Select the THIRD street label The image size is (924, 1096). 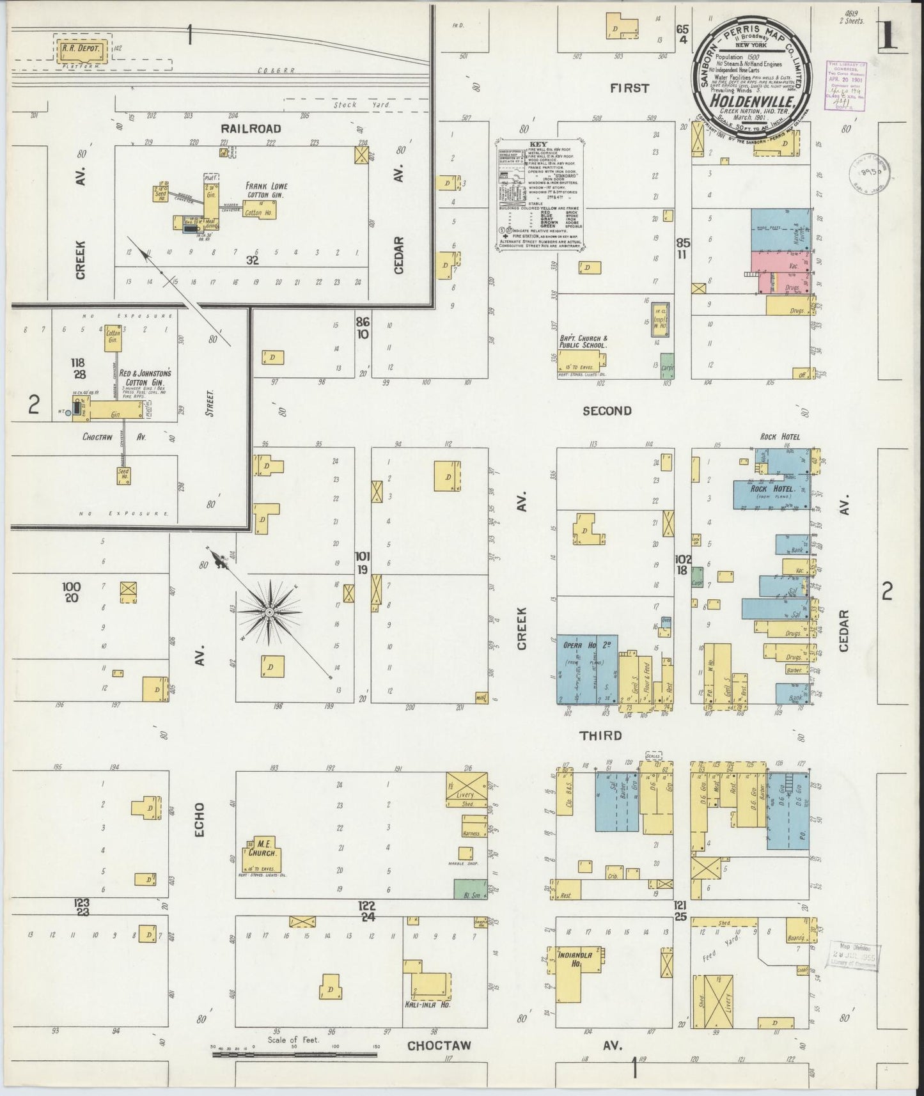(600, 736)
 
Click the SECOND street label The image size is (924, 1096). (607, 411)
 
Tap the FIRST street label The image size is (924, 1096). (629, 88)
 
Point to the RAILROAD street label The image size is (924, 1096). (256, 129)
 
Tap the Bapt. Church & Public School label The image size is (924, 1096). (583, 341)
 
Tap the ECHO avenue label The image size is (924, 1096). (200, 820)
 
